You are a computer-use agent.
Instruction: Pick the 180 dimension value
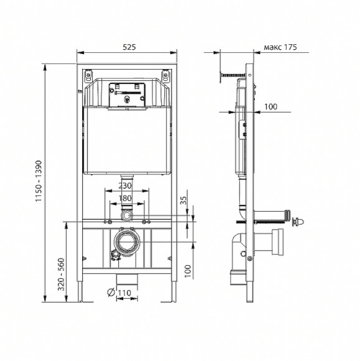click(x=126, y=198)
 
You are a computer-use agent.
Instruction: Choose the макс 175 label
click(x=280, y=47)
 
